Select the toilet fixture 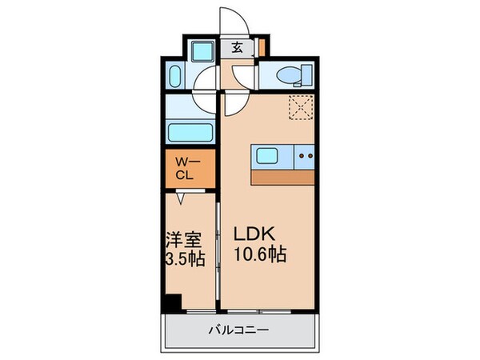point(287,75)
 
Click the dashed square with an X point(301,106)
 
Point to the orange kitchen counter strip point(283,177)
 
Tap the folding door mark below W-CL point(182,196)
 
